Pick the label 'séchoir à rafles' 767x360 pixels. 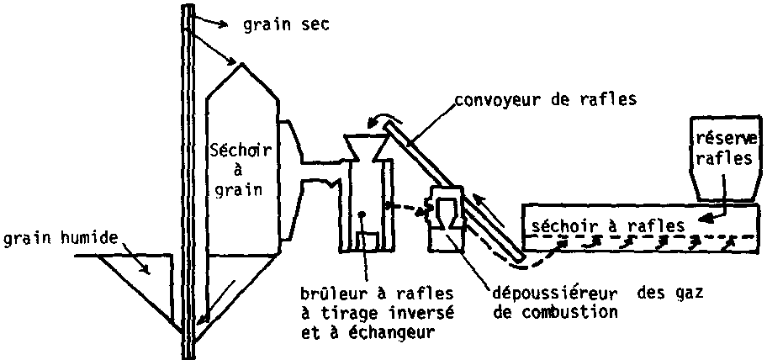606,225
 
